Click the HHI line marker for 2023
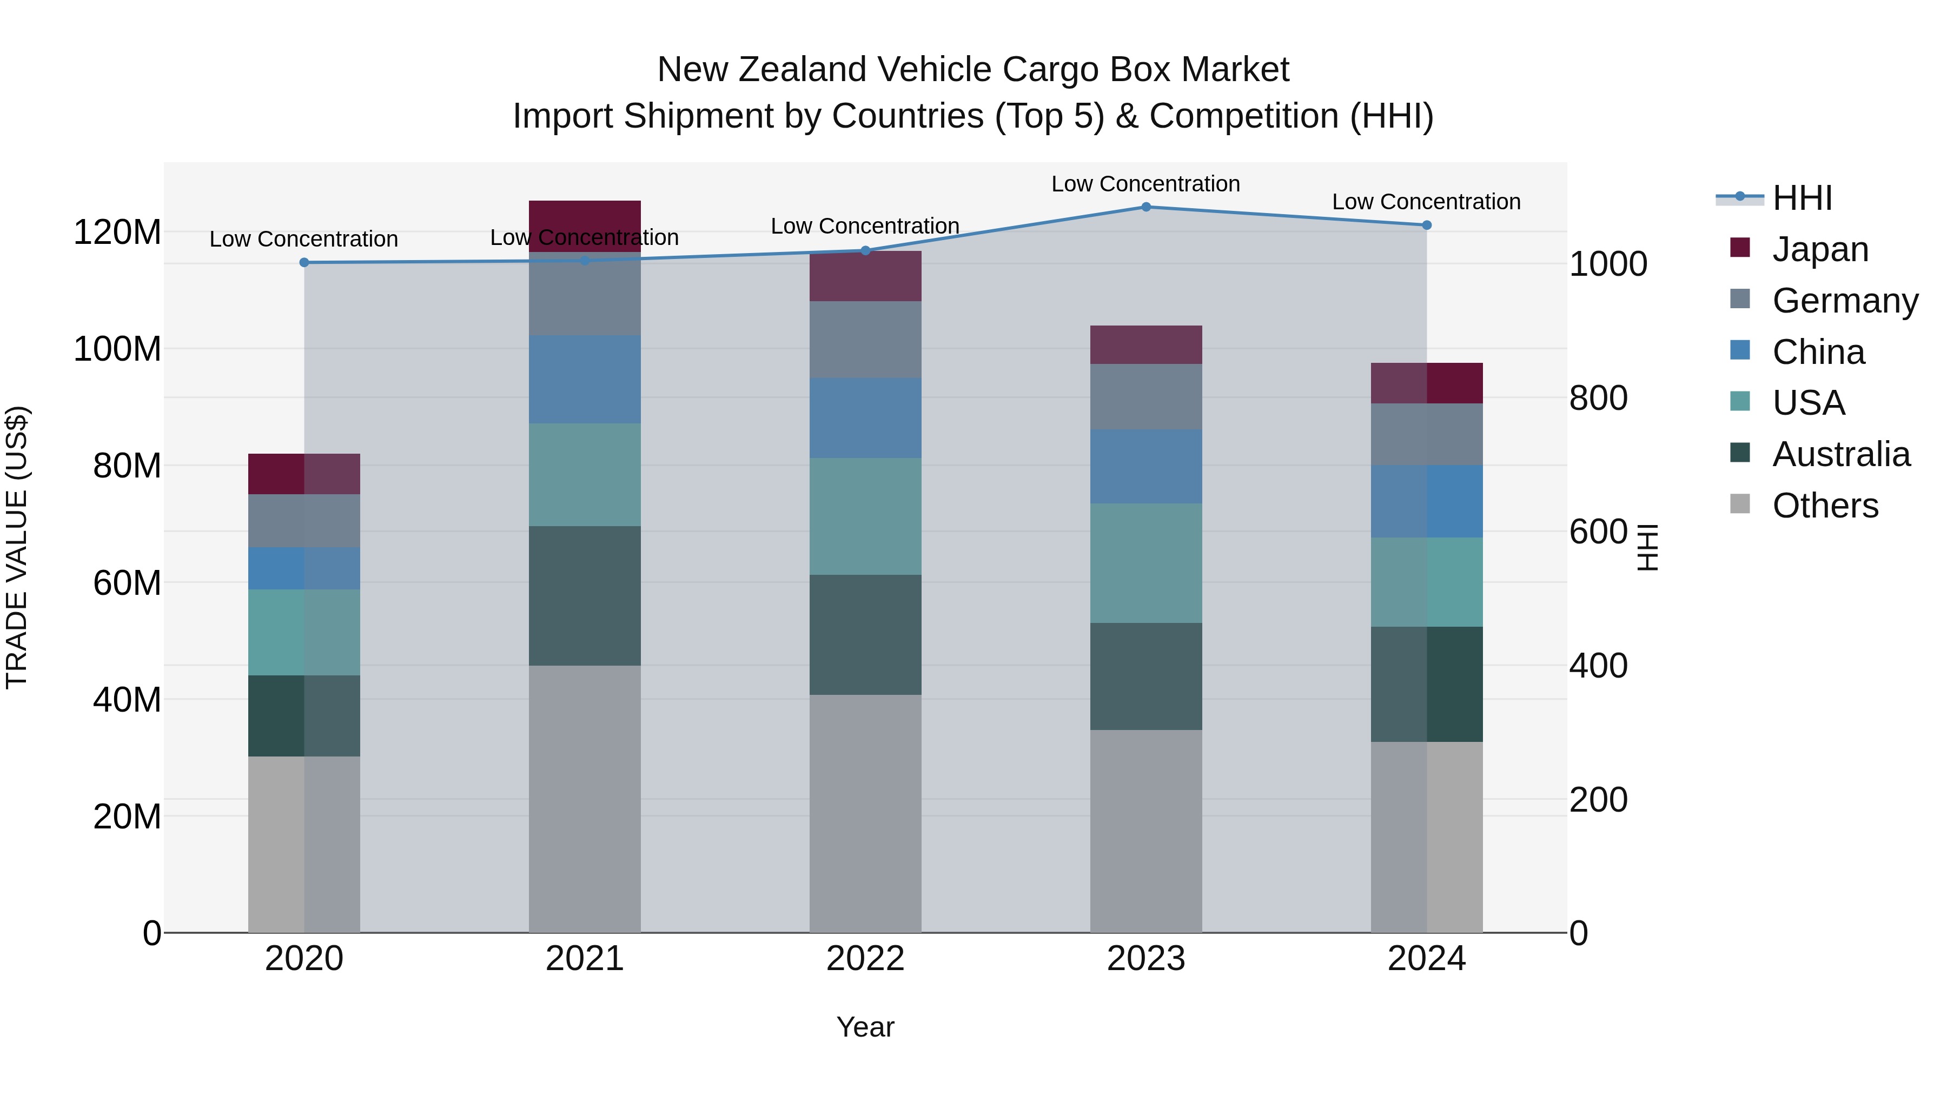click(x=1146, y=207)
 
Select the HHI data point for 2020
click(x=304, y=262)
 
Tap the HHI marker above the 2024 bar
click(x=1426, y=225)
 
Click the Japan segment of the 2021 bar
click(x=584, y=225)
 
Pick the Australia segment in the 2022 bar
click(x=865, y=634)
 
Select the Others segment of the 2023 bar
click(x=1146, y=831)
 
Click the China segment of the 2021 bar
click(x=584, y=380)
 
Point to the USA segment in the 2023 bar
click(x=1146, y=563)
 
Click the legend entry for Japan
click(x=1819, y=249)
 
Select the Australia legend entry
click(x=1840, y=454)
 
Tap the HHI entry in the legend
click(x=1802, y=198)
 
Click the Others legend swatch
click(x=1740, y=504)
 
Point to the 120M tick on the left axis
click(x=117, y=231)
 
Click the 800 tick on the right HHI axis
click(x=1598, y=397)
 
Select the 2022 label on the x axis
click(x=865, y=958)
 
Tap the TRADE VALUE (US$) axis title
click(x=17, y=547)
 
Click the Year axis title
click(x=865, y=1027)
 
